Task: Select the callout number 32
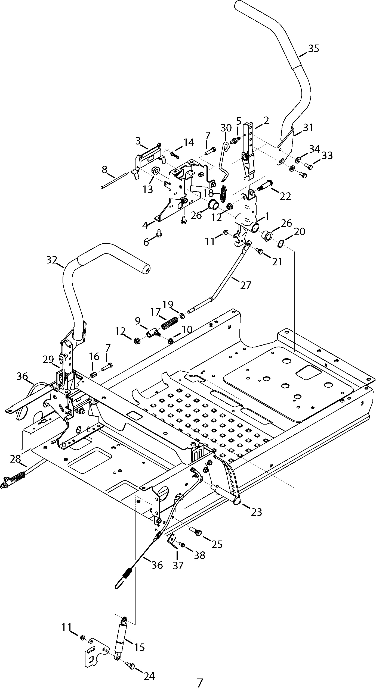[52, 260]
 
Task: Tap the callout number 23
[256, 512]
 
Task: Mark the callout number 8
[104, 170]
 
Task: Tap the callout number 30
[226, 128]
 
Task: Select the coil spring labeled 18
[224, 193]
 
